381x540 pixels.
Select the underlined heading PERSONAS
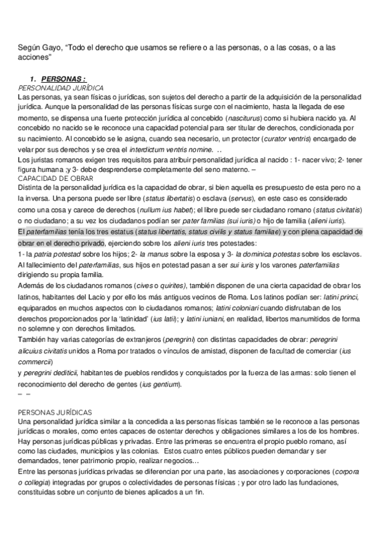pos(67,79)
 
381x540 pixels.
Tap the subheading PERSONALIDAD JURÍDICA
pos(62,87)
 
